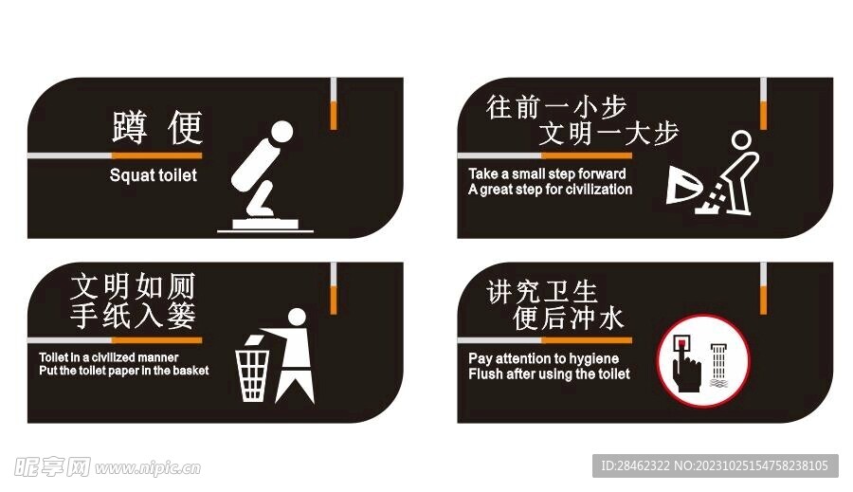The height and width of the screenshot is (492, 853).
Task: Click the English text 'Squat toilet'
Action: coord(154,175)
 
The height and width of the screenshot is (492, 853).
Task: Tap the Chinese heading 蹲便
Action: coord(157,128)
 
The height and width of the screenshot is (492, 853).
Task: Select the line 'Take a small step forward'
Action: coord(547,173)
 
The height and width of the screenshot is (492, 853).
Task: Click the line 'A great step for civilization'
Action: coord(550,189)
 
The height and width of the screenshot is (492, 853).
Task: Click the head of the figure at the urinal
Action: coord(743,141)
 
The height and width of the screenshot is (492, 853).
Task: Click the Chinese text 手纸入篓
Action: coord(133,316)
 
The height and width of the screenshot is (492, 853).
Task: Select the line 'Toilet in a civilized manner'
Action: coord(108,356)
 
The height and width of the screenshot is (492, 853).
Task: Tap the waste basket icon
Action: coord(253,374)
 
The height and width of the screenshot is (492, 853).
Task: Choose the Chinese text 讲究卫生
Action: coord(542,291)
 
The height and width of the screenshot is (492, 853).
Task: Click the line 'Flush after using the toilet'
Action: coord(549,374)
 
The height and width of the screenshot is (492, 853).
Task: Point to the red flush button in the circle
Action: coord(681,340)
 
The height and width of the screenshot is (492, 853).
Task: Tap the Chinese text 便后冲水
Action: coord(569,319)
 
